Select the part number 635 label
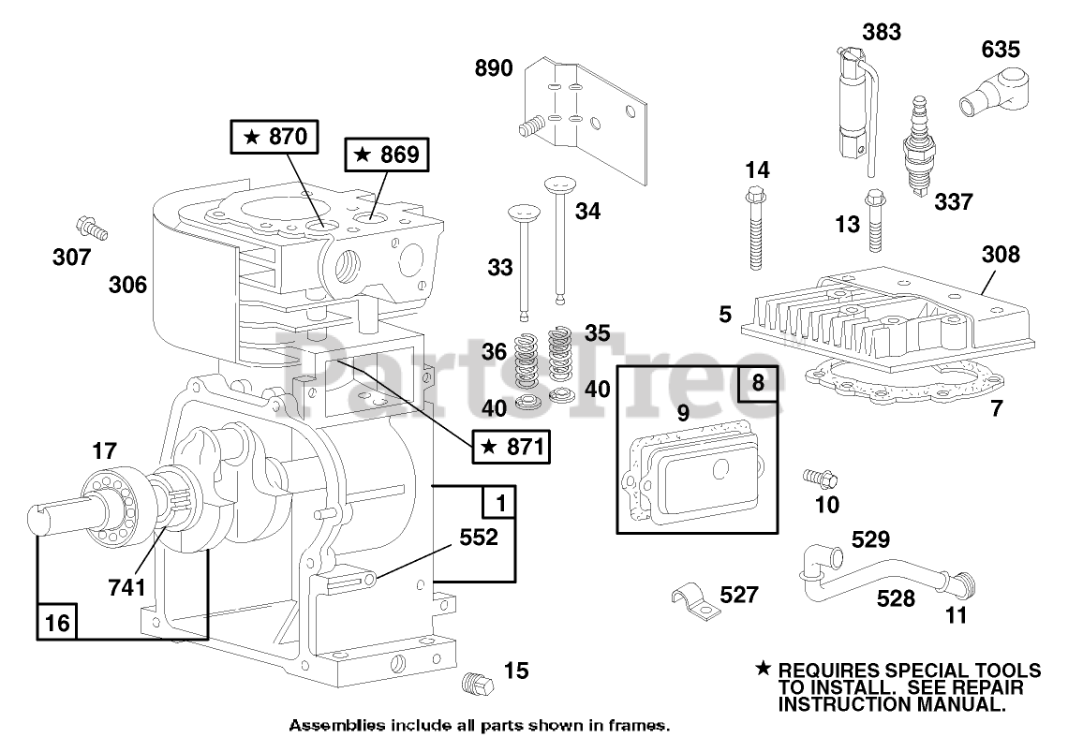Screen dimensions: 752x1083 pos(1001,49)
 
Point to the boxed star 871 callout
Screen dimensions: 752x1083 pos(512,447)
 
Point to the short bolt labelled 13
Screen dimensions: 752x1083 pos(875,222)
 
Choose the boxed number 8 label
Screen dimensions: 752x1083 pos(758,384)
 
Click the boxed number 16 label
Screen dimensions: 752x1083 pos(57,622)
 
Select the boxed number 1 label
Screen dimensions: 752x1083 pos(499,503)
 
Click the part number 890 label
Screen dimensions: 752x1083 pos(494,68)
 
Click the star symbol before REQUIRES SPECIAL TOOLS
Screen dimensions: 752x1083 pos(764,669)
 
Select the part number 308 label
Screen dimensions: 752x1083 pos(1001,254)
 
